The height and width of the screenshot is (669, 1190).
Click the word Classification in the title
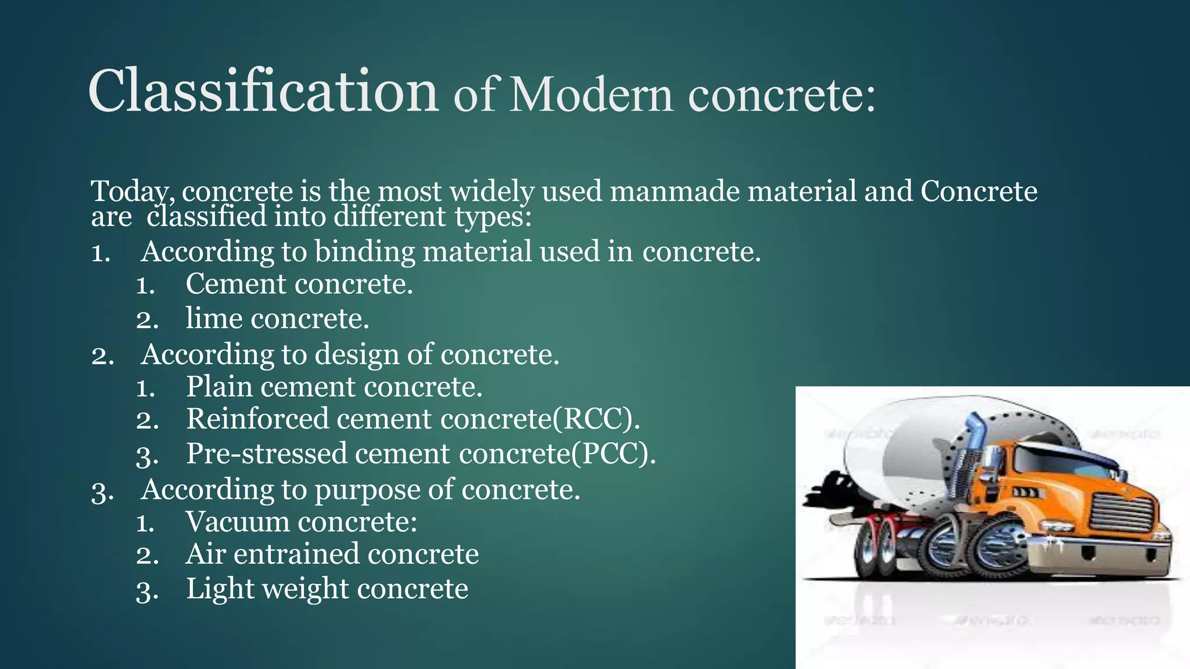pyautogui.click(x=263, y=92)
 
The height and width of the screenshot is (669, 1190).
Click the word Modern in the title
pyautogui.click(x=591, y=95)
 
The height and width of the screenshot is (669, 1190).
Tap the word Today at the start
pyautogui.click(x=132, y=192)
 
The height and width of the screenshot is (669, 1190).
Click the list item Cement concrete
pyautogui.click(x=299, y=285)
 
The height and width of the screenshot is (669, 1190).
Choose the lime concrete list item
pyautogui.click(x=277, y=319)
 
